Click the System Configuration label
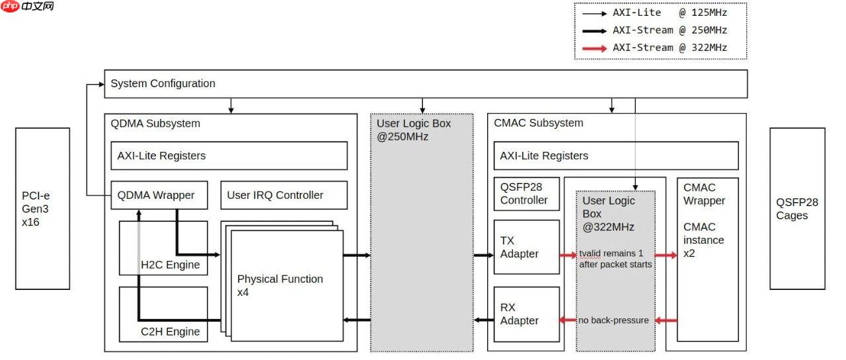coord(163,84)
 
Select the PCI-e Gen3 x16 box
coord(42,208)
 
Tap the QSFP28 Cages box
coord(797,208)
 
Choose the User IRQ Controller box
coord(284,195)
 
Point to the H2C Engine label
coord(171,266)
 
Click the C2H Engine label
coord(171,332)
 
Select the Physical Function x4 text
coord(280,285)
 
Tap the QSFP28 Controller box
coord(526,194)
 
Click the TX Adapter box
coord(526,247)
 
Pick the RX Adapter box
coord(526,314)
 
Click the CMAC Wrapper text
coord(704,194)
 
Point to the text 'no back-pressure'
coord(613,320)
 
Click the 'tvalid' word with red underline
coord(590,254)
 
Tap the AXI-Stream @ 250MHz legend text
coord(670,30)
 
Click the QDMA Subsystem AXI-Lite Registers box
coord(229,156)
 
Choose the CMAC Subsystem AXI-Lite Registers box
coord(615,156)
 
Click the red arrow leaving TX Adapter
coord(568,254)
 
